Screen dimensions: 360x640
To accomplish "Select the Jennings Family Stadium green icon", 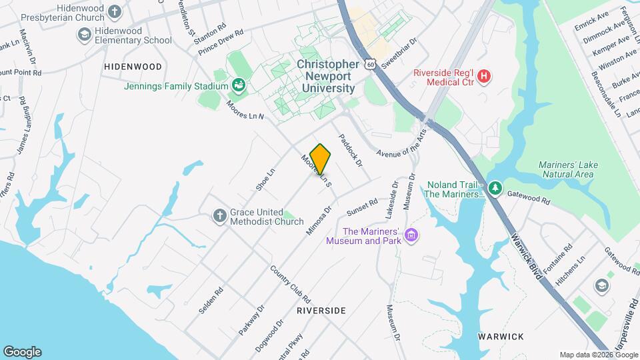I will (x=238, y=85).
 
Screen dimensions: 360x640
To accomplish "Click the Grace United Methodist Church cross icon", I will (x=219, y=215).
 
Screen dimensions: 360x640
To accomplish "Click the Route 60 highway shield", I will (x=371, y=64).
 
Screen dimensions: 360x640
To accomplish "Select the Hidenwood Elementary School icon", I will (x=84, y=34).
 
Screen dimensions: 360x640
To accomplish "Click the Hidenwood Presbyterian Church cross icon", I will (x=115, y=11).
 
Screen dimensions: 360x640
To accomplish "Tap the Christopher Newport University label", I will (x=327, y=76).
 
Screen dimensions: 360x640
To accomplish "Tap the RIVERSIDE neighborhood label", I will (x=321, y=311).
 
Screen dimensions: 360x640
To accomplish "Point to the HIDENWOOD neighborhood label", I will (x=133, y=67).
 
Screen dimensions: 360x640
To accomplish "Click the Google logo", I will (x=22, y=351).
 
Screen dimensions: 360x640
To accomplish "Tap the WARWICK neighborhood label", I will (x=501, y=337).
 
